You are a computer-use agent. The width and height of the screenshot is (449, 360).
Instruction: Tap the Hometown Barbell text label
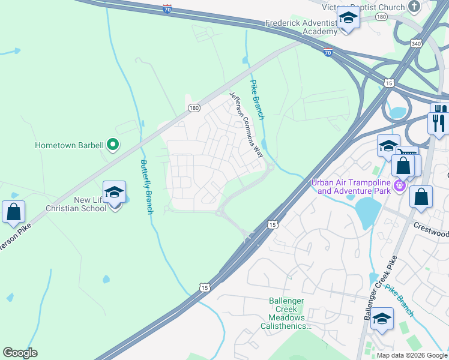(69, 145)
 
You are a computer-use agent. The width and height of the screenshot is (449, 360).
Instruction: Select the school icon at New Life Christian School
(114, 193)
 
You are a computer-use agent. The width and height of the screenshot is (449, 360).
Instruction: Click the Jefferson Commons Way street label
(247, 124)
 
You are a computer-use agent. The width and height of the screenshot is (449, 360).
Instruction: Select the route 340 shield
(417, 43)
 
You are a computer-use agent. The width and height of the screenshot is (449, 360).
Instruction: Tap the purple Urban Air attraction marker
(400, 187)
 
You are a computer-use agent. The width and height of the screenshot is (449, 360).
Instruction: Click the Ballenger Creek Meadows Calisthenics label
(286, 313)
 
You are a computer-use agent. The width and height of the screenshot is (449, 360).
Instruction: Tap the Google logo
(20, 353)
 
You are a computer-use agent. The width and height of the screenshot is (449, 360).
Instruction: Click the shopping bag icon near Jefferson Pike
(13, 212)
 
